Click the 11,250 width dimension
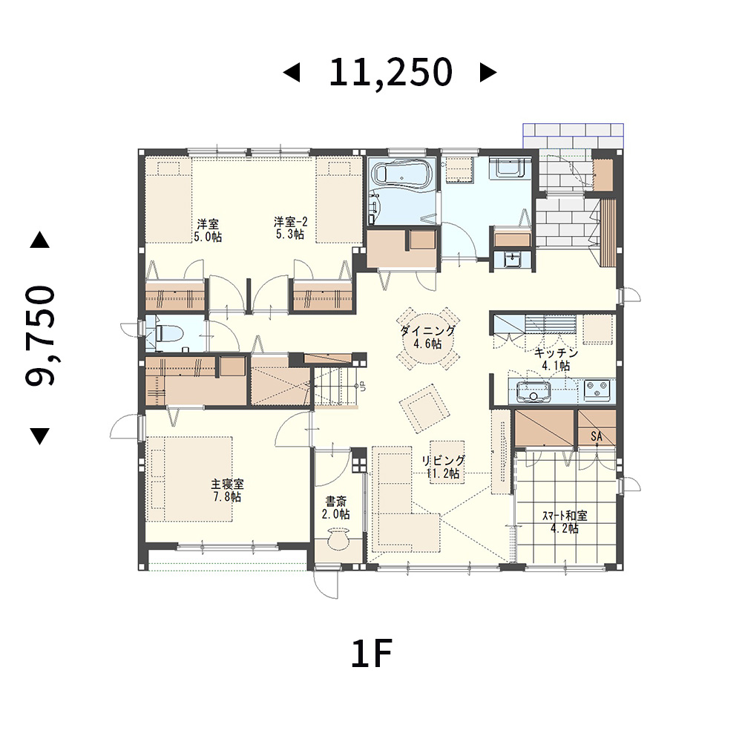coord(391,73)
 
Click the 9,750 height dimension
coord(40,335)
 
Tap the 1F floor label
coord(372,654)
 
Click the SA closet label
coord(597,436)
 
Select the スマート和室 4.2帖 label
coord(565,522)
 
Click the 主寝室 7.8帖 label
coord(227,490)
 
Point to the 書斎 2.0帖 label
coord(336,508)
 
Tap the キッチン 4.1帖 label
coord(556,359)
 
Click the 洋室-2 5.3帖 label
coord(290,228)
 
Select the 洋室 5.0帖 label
coord(208,230)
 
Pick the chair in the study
coord(338,540)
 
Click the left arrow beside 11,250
coord(292,73)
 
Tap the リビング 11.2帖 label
coord(444,467)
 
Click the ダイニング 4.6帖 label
coord(428,337)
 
